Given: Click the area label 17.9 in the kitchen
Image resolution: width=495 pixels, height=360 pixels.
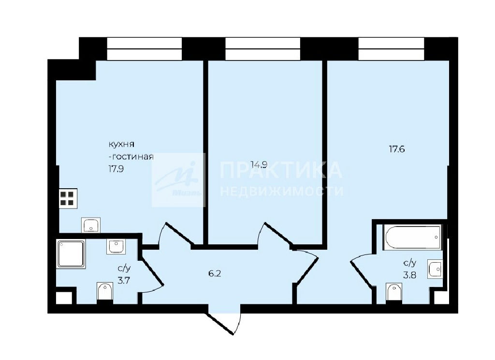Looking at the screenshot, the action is click(x=116, y=169).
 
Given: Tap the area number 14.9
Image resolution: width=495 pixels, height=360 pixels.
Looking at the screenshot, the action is click(x=259, y=165).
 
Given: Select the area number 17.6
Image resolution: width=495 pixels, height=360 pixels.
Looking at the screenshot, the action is click(x=397, y=149).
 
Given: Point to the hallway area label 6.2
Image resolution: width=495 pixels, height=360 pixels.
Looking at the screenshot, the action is click(x=215, y=273).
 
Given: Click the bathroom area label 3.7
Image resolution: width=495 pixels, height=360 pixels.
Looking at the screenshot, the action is click(x=124, y=280).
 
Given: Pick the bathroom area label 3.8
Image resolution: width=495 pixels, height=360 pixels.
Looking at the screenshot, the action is click(x=409, y=275).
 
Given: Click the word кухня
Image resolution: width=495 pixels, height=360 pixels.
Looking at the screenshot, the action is click(x=121, y=144).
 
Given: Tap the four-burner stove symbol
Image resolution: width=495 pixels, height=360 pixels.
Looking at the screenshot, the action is click(x=68, y=198).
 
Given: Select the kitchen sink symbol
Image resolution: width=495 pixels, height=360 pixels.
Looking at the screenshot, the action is click(x=91, y=225).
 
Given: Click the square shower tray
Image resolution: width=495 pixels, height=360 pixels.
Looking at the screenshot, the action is click(x=71, y=254).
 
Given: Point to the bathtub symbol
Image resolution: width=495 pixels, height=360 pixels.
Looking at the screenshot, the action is click(x=413, y=237).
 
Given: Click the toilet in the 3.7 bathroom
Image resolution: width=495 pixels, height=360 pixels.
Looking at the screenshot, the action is click(x=105, y=291).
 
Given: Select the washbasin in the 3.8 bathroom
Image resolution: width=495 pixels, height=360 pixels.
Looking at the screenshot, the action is click(x=435, y=269).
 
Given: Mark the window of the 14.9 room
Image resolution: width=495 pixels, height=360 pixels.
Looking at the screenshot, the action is click(x=262, y=49).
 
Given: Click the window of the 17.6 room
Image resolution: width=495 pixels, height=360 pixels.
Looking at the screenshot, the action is click(x=391, y=49).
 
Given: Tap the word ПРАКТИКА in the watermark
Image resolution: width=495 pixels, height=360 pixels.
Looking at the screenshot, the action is click(x=281, y=170).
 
